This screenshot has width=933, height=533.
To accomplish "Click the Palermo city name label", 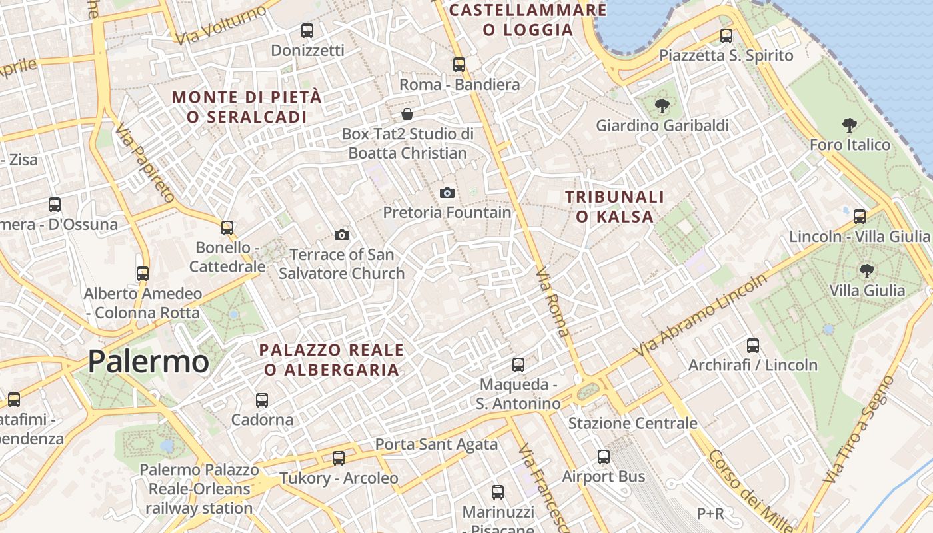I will (x=148, y=361).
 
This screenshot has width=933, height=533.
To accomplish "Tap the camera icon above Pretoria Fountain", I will (x=447, y=193).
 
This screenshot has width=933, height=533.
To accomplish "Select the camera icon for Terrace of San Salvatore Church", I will (x=342, y=235).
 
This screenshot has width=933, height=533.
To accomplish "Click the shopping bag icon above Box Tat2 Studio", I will (x=407, y=114).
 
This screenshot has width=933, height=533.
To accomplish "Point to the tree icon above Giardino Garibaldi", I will (x=662, y=105).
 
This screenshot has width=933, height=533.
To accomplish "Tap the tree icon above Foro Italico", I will (x=849, y=125).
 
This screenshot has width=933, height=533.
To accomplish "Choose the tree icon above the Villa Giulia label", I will (x=866, y=270).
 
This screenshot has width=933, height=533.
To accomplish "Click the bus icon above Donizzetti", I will (x=307, y=31).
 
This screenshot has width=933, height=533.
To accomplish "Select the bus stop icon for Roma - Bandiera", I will (x=459, y=65).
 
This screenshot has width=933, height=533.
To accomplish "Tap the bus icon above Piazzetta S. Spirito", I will (x=726, y=36).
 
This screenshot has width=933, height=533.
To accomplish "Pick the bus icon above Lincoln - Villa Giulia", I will (x=860, y=216).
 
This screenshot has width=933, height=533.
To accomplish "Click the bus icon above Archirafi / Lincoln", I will (x=753, y=345).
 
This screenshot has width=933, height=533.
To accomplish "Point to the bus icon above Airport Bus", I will (x=604, y=456).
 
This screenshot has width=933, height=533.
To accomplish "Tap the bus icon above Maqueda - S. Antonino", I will (x=518, y=365).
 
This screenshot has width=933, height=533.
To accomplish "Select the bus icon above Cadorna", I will (x=262, y=400).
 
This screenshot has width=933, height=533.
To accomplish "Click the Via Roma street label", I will (x=554, y=302).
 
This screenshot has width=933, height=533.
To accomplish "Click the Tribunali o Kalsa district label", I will (x=614, y=207).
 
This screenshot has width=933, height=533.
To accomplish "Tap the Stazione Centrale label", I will (x=632, y=423).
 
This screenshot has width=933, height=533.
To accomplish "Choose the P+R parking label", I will (x=710, y=514).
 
